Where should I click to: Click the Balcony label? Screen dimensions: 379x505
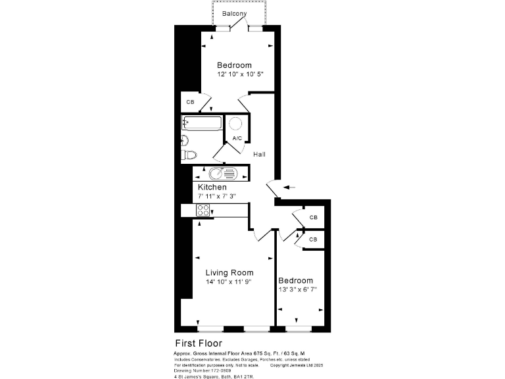click(235, 14)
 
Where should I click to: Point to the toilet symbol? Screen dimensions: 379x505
click(189, 155)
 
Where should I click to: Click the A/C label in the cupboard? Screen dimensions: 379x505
click(237, 138)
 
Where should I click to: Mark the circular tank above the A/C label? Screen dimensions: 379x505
click(237, 124)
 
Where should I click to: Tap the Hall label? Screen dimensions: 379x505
click(260, 154)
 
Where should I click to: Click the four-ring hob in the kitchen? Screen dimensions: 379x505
click(203, 211)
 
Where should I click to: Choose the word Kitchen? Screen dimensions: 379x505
click(212, 188)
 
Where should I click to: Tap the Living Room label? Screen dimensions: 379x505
click(229, 272)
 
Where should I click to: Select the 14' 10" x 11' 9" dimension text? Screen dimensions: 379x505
click(229, 282)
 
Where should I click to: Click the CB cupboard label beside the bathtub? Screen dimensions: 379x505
click(190, 103)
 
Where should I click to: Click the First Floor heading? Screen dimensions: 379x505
click(198, 343)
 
